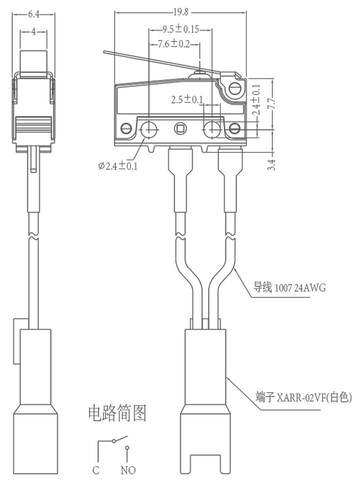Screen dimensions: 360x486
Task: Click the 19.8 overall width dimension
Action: coord(181,12)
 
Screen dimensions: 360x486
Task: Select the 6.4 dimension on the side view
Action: coord(33,14)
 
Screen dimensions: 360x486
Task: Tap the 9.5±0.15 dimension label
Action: coord(181,29)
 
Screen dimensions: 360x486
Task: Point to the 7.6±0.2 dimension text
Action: coord(174,44)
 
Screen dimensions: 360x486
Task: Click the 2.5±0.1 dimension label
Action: coord(187,100)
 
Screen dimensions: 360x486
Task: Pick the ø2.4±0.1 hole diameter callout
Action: coord(118,166)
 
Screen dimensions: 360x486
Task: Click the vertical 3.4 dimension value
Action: coord(272,165)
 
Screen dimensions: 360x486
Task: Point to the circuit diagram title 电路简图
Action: coord(117,414)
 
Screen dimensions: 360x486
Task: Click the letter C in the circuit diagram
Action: coord(96,470)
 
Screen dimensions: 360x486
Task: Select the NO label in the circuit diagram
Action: coord(128,470)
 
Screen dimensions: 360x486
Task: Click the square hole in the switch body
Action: coord(179,128)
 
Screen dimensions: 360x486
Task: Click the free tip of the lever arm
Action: coord(104,52)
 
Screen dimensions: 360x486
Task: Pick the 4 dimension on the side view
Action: coord(33,32)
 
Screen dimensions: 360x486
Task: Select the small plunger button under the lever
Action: coord(199,74)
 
